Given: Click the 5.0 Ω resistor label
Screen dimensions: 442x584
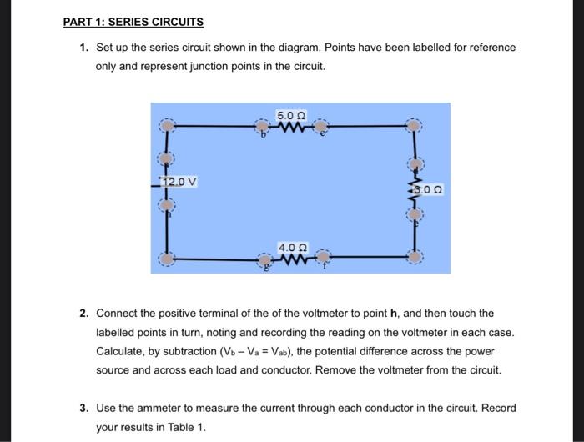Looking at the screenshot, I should (x=291, y=115).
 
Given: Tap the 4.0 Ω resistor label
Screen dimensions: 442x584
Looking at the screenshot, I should (x=291, y=248).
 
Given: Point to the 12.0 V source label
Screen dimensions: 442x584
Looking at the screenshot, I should (x=180, y=182).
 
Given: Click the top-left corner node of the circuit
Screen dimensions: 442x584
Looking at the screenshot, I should (x=169, y=127).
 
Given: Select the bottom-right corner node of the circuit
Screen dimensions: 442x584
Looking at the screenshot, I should (x=414, y=259).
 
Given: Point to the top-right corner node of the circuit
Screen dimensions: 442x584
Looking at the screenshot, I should (x=414, y=127).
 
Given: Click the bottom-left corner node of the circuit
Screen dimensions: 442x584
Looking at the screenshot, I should (x=169, y=259).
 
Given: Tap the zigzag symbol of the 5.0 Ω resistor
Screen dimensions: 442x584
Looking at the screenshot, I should (x=293, y=128).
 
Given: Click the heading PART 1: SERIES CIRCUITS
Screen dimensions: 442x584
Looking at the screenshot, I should (x=133, y=22).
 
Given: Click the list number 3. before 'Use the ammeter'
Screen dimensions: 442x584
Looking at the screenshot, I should (x=84, y=409).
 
